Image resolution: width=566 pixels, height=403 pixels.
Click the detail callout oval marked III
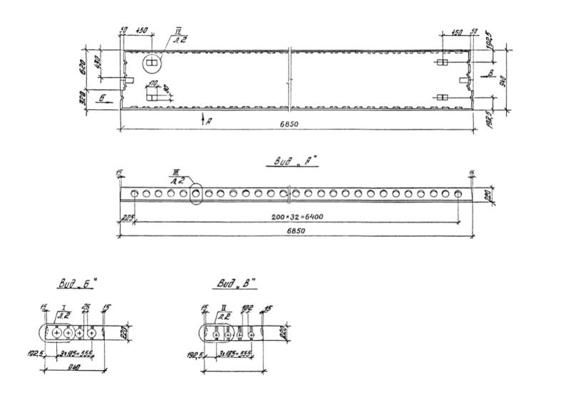[196, 193]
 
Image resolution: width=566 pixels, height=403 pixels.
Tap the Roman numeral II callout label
[225, 308]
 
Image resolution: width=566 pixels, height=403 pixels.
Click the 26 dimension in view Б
[86, 309]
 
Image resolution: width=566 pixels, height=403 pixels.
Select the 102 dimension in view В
[247, 309]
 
